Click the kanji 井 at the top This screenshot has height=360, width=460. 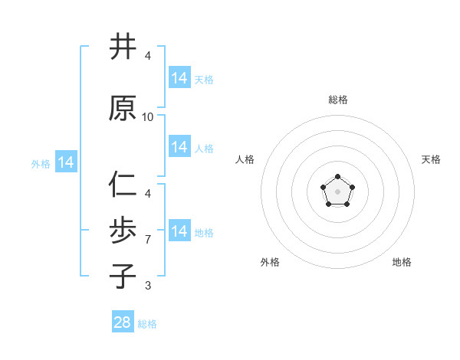coord(123,47)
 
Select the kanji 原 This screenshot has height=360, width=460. coord(123,108)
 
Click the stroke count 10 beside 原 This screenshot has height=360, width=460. coord(148,117)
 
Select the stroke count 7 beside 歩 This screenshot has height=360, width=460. coord(148,240)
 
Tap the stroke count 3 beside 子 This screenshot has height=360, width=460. coord(148,286)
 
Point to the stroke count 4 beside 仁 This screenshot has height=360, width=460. coord(148,194)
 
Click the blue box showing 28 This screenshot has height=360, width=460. coord(123,322)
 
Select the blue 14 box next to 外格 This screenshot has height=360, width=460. coord(66,162)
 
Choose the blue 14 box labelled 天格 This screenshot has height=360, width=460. coord(179,77)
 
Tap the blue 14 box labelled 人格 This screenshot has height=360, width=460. coord(179,147)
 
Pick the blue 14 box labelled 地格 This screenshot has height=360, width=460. coord(179,231)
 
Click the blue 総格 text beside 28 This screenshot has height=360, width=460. coord(147,324)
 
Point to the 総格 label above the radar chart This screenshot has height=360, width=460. coord(338,100)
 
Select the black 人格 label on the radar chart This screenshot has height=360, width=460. coord(245,159)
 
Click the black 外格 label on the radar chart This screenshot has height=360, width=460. coord(270,262)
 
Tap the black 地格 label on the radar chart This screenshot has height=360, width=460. coord(402,262)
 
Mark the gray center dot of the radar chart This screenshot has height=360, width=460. coord(337,190)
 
